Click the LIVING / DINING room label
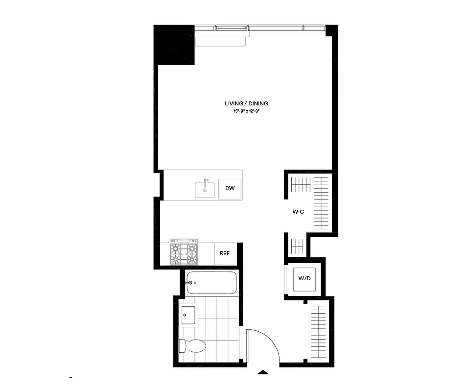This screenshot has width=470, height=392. click(x=246, y=103)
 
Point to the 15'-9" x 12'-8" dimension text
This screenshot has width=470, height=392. click(x=246, y=112)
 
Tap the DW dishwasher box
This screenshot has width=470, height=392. click(x=230, y=189)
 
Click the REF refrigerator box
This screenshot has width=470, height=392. click(x=225, y=253)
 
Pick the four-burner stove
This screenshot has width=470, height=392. click(x=184, y=252)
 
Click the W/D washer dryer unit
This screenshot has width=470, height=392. click(x=304, y=279)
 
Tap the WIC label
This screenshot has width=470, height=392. click(x=298, y=212)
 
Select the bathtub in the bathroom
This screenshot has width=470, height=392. click(x=211, y=283)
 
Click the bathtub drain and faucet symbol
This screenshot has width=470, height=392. click(x=191, y=283)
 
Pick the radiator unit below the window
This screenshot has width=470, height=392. click(x=220, y=41)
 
